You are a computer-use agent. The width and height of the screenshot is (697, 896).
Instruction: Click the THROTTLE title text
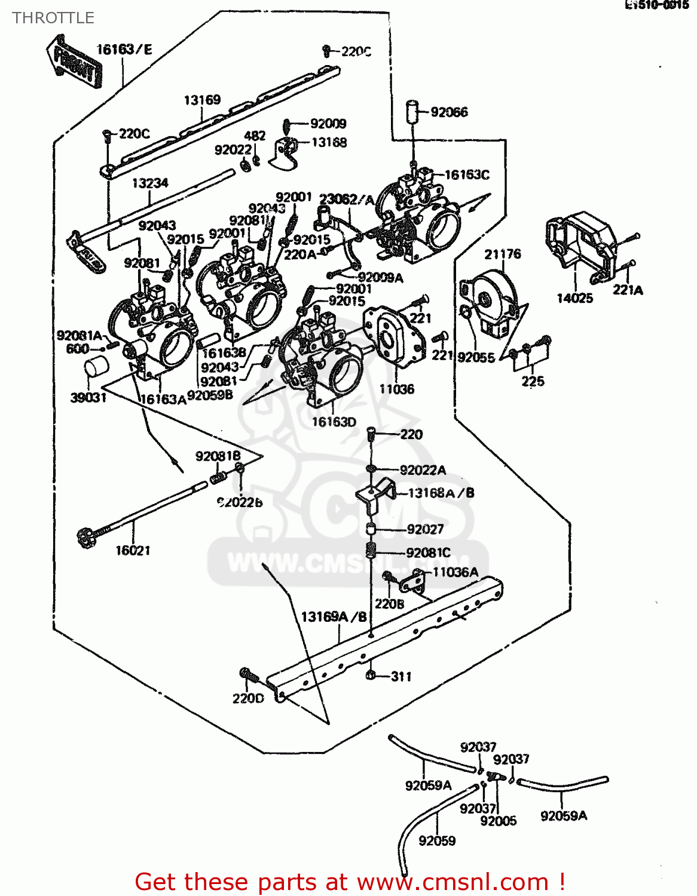(53, 18)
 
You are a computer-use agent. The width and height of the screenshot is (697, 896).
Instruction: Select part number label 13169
(202, 100)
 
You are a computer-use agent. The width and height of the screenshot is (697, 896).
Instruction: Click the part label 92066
(449, 112)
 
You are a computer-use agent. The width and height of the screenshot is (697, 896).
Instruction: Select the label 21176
(502, 254)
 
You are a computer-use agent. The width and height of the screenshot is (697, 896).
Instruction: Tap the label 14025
(574, 297)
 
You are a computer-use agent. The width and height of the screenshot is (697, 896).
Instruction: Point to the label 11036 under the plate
(396, 389)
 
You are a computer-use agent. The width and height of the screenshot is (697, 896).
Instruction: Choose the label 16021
(133, 550)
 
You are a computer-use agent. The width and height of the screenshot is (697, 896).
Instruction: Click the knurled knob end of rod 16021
(87, 538)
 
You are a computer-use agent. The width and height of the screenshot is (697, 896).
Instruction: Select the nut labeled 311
(371, 675)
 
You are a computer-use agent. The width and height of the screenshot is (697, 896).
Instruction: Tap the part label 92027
(425, 529)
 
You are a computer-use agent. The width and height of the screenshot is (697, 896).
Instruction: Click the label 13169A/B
(334, 616)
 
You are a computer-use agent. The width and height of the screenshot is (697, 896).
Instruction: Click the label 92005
(498, 821)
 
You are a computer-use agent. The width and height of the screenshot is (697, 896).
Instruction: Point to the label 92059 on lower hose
(437, 840)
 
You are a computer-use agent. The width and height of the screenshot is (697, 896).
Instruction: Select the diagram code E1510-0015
(656, 6)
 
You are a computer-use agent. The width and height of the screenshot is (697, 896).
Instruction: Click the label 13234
(150, 183)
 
